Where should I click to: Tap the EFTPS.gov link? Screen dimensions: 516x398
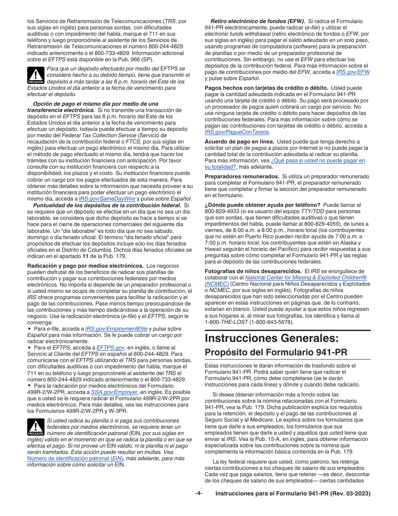(111, 348)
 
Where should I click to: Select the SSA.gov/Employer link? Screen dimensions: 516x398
(114, 392)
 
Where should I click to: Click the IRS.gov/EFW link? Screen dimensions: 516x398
(353, 72)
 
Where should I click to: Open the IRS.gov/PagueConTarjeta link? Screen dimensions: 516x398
(237, 132)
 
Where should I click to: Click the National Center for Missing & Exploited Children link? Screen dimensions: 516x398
(306, 277)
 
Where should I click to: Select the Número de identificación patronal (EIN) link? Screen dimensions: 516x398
(70, 459)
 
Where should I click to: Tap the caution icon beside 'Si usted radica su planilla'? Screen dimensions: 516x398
(36, 427)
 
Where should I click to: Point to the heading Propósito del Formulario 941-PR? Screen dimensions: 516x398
(276, 352)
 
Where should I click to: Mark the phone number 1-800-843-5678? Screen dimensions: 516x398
(272, 322)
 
